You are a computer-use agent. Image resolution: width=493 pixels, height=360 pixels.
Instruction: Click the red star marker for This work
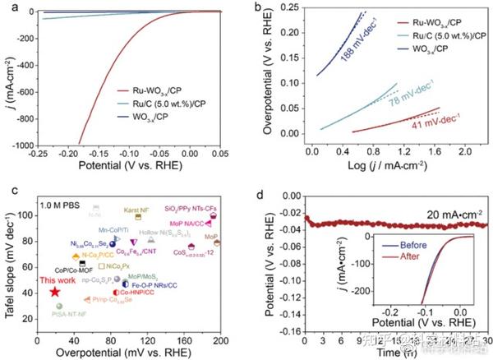[x=54, y=292]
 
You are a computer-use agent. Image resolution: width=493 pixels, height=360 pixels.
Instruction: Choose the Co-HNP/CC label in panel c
[x=135, y=292]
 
